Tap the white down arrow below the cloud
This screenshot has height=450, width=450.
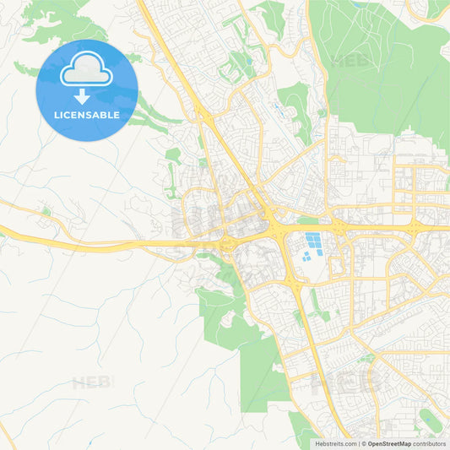click(82, 96)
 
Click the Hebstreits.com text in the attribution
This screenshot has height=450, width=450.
click(336, 443)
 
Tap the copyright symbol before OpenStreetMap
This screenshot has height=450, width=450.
click(364, 443)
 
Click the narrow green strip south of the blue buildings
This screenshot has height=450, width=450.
click(314, 301)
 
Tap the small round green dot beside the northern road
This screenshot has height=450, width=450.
click(46, 211)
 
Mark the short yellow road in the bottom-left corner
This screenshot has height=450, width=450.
click(7, 434)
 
